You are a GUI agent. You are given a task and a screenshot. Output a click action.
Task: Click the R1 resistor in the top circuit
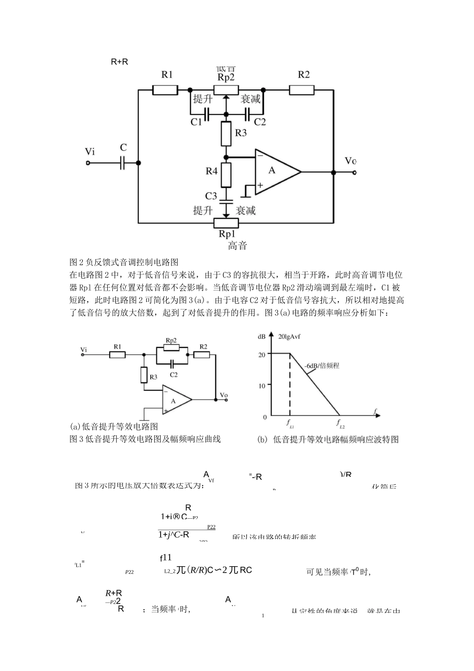pyautogui.click(x=165, y=90)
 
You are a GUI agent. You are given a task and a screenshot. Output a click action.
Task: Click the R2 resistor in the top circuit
pyautogui.click(x=301, y=90)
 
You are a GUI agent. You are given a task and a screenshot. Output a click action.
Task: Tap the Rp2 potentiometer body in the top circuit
pyautogui.click(x=226, y=90)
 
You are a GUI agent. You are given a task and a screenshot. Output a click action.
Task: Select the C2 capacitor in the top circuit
pyautogui.click(x=246, y=114)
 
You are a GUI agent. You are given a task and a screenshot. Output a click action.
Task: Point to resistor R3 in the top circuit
pyautogui.click(x=226, y=133)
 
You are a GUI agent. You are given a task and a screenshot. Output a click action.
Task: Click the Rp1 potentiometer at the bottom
pyautogui.click(x=226, y=222)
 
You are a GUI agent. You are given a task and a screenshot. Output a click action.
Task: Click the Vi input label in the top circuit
pyautogui.click(x=90, y=151)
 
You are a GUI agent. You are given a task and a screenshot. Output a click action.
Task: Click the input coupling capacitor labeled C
pyautogui.click(x=122, y=162)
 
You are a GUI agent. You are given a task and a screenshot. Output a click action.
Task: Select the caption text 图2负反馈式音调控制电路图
pyautogui.click(x=124, y=262)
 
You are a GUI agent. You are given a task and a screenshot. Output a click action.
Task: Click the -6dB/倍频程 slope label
pyautogui.click(x=322, y=366)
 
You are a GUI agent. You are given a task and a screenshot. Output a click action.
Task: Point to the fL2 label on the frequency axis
pyautogui.click(x=340, y=424)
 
